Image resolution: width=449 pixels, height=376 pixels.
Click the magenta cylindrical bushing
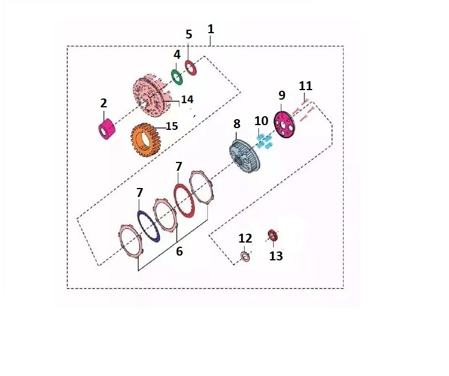coord(107,129)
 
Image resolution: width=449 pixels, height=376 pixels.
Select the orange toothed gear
coord(146,140)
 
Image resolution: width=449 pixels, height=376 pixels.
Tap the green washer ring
coord(177,77)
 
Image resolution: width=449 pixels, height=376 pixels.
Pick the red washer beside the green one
coord(190,68)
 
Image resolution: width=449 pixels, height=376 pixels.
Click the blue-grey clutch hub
coord(244,157)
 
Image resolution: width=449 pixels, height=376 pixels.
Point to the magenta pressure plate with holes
coord(284,125)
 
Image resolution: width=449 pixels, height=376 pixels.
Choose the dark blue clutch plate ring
coord(148,227)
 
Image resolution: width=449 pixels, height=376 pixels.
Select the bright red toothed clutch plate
coord(185,201)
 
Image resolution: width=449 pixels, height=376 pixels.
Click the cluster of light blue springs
coord(264,141)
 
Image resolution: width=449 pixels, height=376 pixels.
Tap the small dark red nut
coord(272,235)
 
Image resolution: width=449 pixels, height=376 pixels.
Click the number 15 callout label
coord(172,126)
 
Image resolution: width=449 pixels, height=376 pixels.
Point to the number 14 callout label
coord(187,99)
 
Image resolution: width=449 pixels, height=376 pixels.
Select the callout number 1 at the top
coord(211,29)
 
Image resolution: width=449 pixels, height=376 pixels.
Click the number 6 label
coord(179,251)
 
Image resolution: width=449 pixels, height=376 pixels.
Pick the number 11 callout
coord(306,86)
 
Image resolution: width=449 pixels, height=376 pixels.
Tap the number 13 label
coord(276,256)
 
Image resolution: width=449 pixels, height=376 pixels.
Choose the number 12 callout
coord(245,238)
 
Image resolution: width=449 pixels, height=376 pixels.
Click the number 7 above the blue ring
coord(139,193)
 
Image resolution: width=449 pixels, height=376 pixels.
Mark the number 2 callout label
coord(104,103)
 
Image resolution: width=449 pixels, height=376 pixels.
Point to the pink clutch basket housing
coord(152,95)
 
